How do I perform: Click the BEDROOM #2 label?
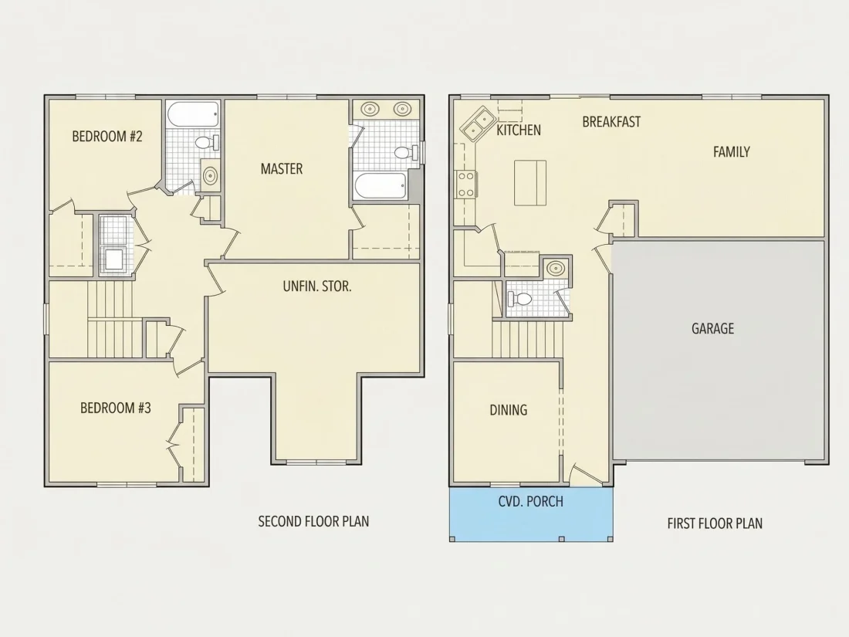(107, 136)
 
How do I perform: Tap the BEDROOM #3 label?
(115, 408)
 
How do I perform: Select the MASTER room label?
(282, 169)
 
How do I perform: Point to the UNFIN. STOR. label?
(317, 286)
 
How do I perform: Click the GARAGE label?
(712, 329)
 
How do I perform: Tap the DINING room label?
(509, 410)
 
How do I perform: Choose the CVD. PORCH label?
(531, 502)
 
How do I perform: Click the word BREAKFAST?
(611, 122)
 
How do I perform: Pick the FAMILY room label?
(731, 152)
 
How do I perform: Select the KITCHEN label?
(519, 130)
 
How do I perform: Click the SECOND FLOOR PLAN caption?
(313, 522)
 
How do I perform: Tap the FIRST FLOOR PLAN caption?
(715, 523)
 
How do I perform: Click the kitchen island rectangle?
(530, 182)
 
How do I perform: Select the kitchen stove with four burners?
(466, 185)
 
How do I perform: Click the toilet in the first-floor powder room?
(519, 299)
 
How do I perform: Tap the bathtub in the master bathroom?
(380, 186)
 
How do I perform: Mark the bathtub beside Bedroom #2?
(193, 114)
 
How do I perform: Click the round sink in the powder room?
(555, 268)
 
